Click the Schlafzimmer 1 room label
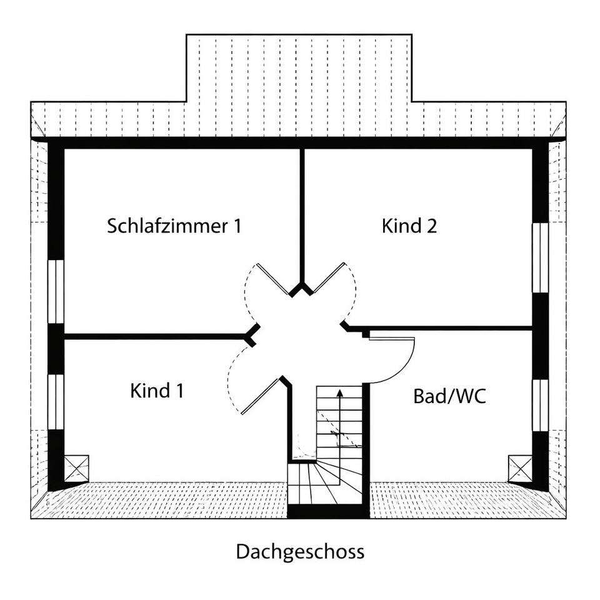click(174, 226)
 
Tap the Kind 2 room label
click(409, 226)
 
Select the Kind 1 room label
click(157, 391)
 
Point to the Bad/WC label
click(449, 396)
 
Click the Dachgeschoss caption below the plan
click(300, 552)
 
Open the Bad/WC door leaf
click(392, 339)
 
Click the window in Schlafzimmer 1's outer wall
click(56, 292)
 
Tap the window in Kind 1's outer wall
click(56, 401)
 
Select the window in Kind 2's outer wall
click(540, 257)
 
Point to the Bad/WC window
click(540, 405)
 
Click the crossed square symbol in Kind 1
click(76, 468)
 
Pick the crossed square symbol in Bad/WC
click(520, 468)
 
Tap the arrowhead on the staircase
click(339, 394)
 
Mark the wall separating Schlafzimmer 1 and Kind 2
click(302, 212)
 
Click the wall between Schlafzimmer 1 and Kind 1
click(156, 336)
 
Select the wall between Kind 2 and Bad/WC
click(450, 328)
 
